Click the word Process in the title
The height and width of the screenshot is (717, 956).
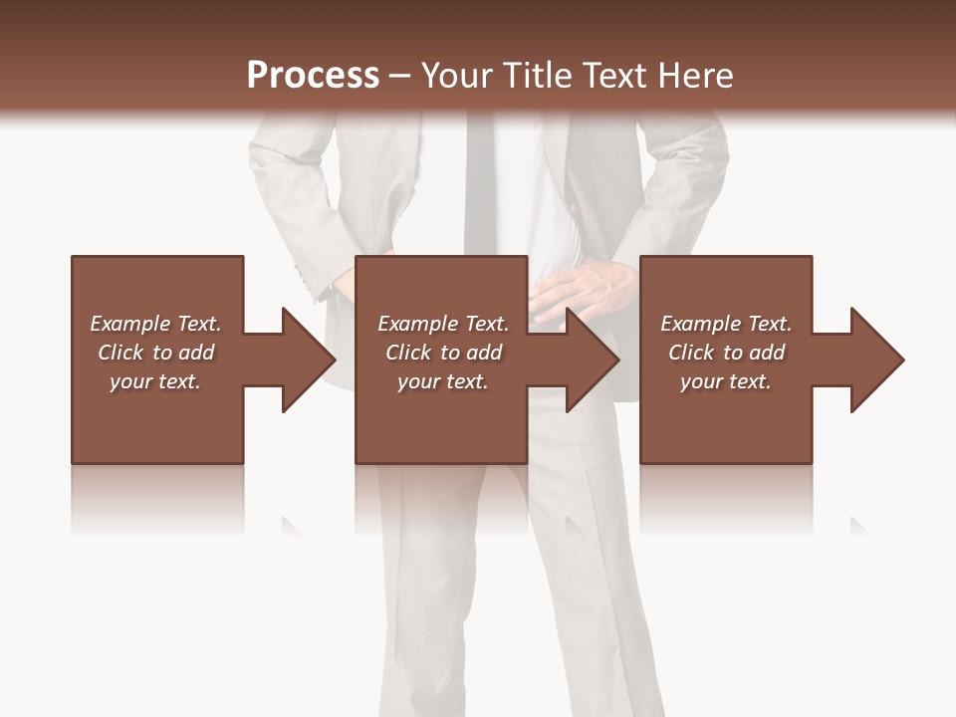[x=313, y=75]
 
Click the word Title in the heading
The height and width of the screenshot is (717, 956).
[x=538, y=75]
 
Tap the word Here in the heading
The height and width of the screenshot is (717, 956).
[x=696, y=75]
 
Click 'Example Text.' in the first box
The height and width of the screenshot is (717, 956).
[x=155, y=324]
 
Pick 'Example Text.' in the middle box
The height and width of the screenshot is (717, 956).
[x=443, y=324]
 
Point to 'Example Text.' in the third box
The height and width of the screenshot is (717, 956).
[x=726, y=324]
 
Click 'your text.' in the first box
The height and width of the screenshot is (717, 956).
[x=155, y=381]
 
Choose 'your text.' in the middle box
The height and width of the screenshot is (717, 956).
[x=443, y=381]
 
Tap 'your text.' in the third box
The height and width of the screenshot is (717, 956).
[x=726, y=381]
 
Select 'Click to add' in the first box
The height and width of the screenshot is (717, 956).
[x=155, y=353]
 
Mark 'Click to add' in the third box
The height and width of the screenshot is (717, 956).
[x=726, y=353]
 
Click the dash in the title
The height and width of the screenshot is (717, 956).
[x=399, y=75]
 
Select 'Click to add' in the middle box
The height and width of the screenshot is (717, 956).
[x=443, y=353]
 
